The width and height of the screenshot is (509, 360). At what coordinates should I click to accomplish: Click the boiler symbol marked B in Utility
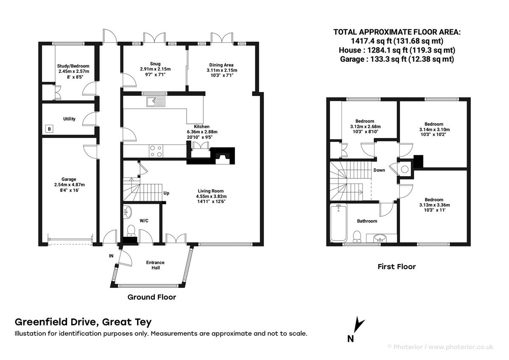tap(49, 129)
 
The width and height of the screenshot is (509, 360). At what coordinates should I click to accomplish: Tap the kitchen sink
tap(156, 102)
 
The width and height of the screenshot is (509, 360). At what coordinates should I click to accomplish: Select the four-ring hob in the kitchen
tap(156, 152)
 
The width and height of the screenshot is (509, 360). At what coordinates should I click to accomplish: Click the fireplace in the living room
tap(222, 156)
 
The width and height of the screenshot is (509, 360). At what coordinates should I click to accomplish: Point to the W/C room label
tap(144, 221)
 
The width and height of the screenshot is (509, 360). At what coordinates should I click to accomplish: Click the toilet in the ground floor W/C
tap(131, 230)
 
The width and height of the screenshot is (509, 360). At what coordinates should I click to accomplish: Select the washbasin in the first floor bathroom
tap(380, 238)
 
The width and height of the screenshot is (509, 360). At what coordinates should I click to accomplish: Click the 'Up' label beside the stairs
tap(166, 193)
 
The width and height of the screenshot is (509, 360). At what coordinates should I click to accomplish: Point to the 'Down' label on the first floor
tap(379, 170)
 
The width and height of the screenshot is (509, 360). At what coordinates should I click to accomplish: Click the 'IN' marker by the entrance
tap(111, 256)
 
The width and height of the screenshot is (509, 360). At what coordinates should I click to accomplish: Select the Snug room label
tap(155, 64)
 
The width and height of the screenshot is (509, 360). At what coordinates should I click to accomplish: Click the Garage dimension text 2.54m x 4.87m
tap(69, 185)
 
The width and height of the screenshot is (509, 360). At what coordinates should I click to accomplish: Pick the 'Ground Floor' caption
tap(152, 297)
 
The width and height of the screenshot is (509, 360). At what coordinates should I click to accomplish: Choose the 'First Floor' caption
tap(397, 267)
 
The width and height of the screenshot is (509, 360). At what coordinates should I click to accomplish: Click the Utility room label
tap(69, 119)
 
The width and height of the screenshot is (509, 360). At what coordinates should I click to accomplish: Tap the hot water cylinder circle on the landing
tap(405, 169)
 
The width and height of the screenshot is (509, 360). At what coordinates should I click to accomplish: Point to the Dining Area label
tap(221, 65)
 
